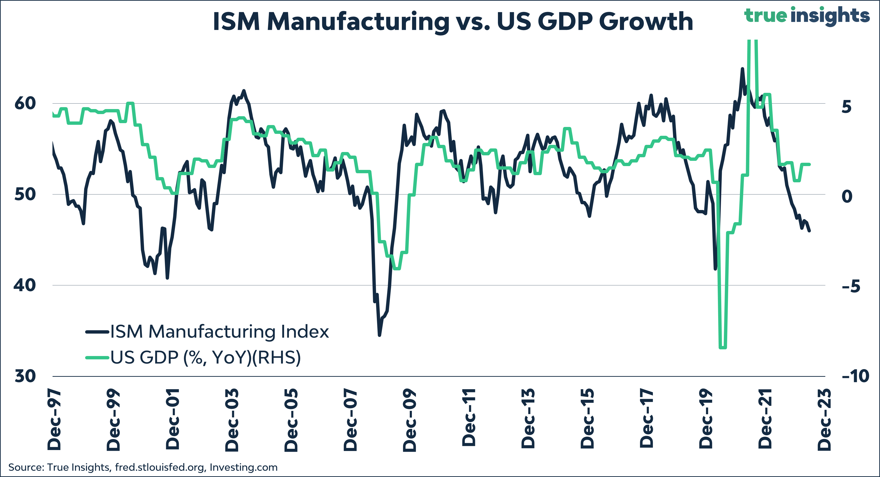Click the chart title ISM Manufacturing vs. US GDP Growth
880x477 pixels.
tap(453, 21)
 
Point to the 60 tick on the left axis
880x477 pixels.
tap(25, 103)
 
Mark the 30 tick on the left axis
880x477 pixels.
tap(25, 376)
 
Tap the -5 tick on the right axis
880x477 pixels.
tap(851, 286)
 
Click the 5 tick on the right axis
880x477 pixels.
tap(847, 107)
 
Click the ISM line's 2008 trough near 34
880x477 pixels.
tap(379, 335)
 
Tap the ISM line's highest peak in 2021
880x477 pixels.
tap(742, 69)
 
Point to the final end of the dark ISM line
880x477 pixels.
tap(809, 231)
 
